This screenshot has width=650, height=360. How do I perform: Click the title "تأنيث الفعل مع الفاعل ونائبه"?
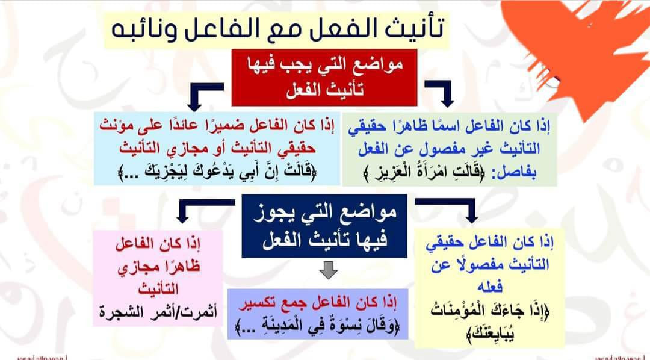coord(277,30)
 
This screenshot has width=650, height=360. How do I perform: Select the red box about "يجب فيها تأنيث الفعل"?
coord(324,78)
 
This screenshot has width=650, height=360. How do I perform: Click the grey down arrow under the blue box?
coord(328,270)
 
